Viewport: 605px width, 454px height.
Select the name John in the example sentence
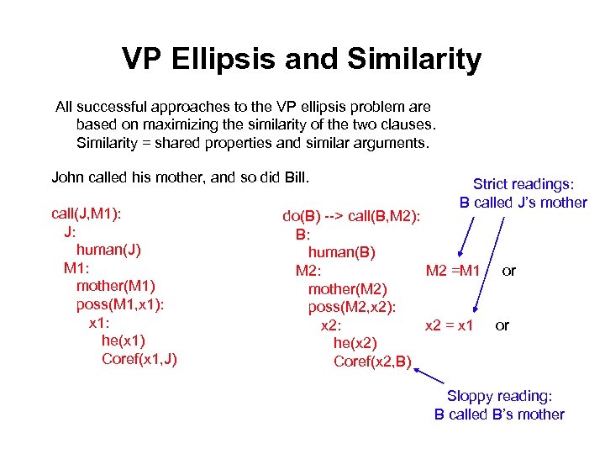[x=68, y=177]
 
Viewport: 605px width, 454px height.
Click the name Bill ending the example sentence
[x=295, y=177]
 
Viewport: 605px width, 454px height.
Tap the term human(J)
[x=108, y=250]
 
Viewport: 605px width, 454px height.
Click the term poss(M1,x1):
[x=119, y=304]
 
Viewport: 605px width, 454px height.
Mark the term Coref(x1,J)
[x=139, y=359]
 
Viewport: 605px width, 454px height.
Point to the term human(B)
[x=341, y=252]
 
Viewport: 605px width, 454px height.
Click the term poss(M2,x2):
[x=351, y=307]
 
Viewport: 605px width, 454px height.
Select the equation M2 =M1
[x=453, y=271]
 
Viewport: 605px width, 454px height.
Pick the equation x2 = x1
[x=450, y=325]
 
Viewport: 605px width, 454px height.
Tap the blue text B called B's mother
[x=499, y=414]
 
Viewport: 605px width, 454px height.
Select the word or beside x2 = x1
[x=502, y=325]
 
